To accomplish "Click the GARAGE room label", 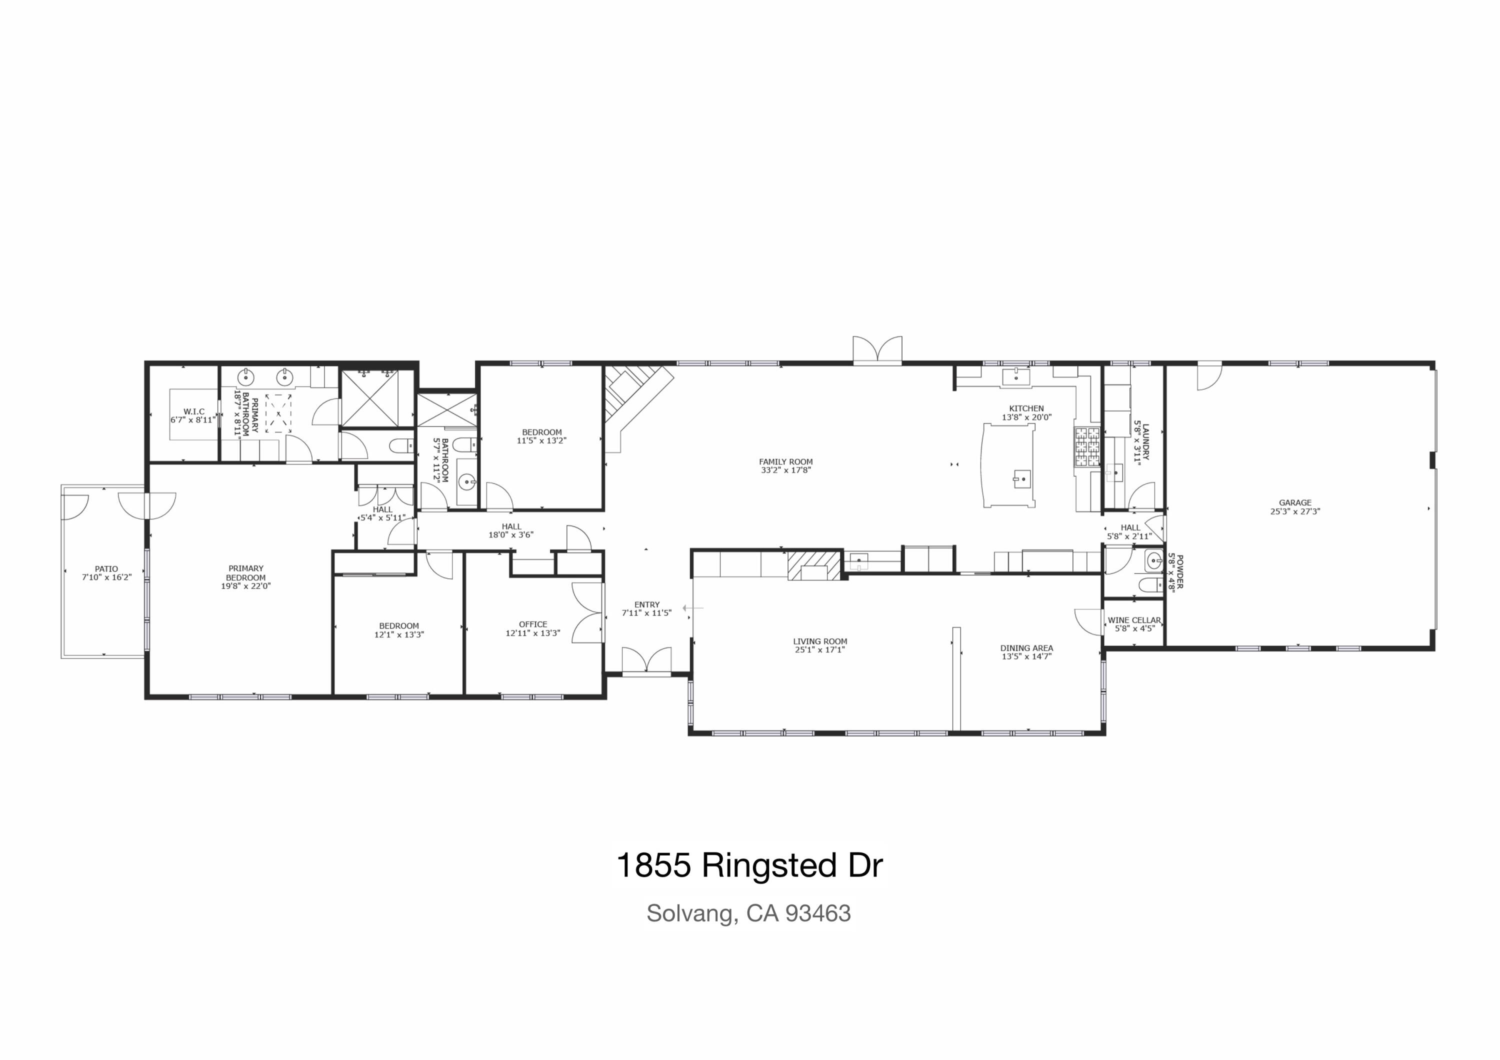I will click(x=1295, y=503).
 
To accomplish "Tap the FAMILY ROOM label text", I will click(x=786, y=461).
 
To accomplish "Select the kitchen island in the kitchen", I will click(x=1009, y=465).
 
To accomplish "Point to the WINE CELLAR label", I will click(x=1134, y=620).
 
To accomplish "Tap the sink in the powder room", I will click(x=1153, y=559).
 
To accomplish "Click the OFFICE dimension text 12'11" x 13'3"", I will click(x=532, y=633).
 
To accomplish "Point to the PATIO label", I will click(x=106, y=569).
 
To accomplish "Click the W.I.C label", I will click(x=194, y=411).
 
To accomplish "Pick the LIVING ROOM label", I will click(x=820, y=641).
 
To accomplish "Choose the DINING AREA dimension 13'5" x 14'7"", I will click(x=1026, y=656).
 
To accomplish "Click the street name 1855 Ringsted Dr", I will click(x=749, y=865).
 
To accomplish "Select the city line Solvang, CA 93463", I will click(x=748, y=913).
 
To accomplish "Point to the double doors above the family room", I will click(x=877, y=349).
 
